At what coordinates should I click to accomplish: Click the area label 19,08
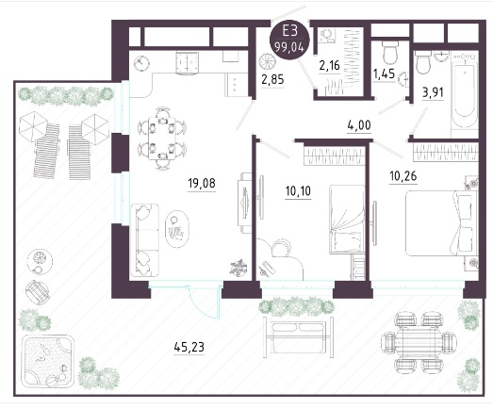pos(202,183)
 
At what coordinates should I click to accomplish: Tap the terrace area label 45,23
pos(189,347)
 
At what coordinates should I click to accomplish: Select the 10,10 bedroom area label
pos(298,190)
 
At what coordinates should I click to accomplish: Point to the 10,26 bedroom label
pos(403,176)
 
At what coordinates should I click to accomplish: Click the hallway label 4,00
pos(359,125)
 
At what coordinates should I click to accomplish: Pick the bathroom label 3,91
pos(433,92)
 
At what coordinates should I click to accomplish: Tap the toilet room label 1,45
pos(384,74)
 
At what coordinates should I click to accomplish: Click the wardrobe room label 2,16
pos(330,65)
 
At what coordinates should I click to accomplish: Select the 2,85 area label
pos(273,79)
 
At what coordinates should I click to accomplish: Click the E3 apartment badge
pos(290,40)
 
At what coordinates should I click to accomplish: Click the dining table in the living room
pos(162,139)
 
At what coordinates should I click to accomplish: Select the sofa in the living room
pos(144,240)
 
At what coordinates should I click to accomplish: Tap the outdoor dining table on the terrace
pos(419,342)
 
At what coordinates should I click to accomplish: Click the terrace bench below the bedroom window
pos(298,337)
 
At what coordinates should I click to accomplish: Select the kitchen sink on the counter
pos(188,64)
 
